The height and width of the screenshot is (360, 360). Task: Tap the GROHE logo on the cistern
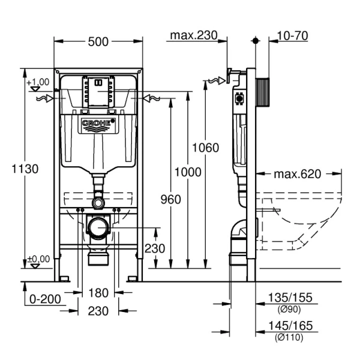[97, 125]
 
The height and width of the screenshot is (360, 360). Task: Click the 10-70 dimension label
[293, 36]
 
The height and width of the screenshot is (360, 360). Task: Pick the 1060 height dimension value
[206, 148]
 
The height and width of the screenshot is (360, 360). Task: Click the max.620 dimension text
[298, 174]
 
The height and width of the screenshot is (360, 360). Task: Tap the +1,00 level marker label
[38, 82]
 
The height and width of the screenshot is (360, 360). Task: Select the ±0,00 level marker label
[38, 259]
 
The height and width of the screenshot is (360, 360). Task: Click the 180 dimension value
[98, 293]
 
